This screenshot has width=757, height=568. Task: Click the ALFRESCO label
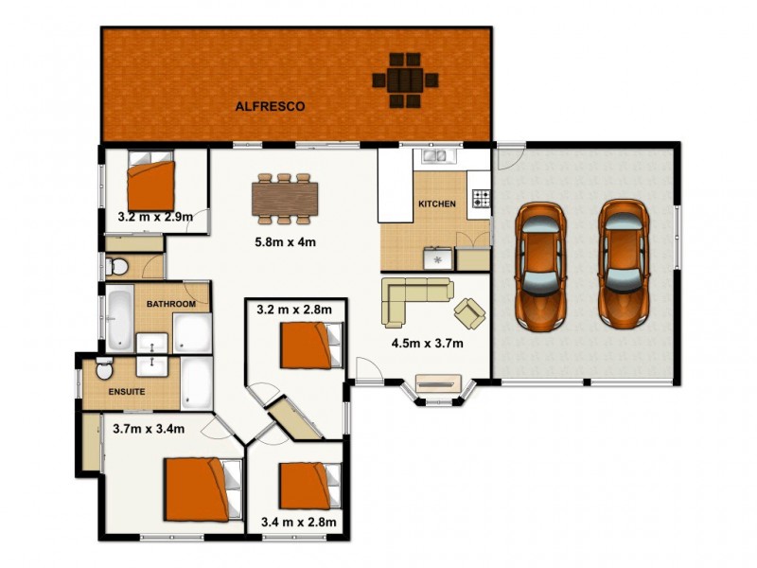point(270,107)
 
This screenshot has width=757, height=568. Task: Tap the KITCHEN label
point(437,204)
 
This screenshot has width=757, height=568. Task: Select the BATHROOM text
point(171,304)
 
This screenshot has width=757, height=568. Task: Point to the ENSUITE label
point(126,389)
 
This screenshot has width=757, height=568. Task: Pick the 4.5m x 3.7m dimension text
point(427,343)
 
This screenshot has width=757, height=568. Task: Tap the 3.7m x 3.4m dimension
point(148,429)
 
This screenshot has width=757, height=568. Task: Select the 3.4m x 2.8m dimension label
point(299,522)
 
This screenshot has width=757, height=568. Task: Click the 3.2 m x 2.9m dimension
point(155,217)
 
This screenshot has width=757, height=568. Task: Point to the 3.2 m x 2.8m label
point(294,309)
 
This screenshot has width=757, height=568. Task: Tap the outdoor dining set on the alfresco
point(405,80)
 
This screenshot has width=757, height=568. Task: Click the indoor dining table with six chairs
point(285,197)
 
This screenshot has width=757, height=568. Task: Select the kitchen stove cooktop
point(481,199)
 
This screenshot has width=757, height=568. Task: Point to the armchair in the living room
point(470,310)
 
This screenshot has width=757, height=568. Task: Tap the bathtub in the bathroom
point(118,318)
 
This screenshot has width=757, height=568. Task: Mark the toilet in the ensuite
point(105,367)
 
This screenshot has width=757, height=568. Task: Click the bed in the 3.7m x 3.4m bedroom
point(199,487)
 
